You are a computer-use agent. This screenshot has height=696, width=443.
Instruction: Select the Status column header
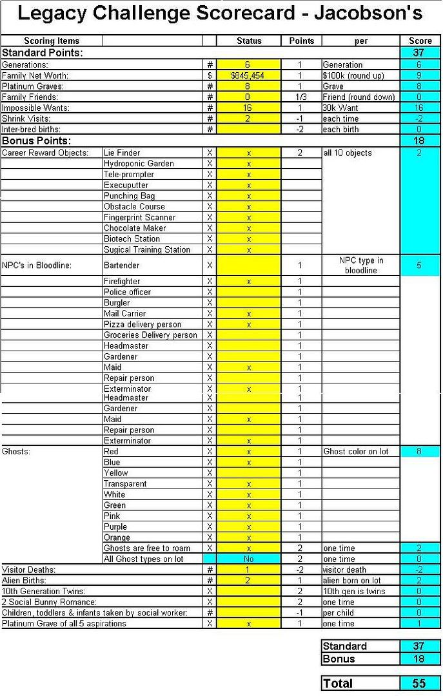coord(249,41)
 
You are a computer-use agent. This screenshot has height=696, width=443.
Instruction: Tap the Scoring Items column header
coord(52,41)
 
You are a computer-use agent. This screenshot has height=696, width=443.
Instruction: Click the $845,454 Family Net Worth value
coord(249,75)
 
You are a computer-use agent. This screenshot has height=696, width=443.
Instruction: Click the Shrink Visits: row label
coord(26,119)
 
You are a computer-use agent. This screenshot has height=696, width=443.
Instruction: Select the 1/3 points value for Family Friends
coord(300,97)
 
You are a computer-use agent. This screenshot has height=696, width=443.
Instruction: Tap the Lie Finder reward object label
coord(122,153)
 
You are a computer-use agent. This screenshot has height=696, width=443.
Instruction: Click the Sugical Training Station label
coord(147,250)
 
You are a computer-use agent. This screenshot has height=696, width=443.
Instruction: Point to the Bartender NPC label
coord(121,265)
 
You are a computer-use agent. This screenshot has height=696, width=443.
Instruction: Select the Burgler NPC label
coord(117,303)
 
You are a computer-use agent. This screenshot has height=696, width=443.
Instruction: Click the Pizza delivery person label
coord(143,324)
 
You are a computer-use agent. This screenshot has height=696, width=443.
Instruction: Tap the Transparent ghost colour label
coord(125,484)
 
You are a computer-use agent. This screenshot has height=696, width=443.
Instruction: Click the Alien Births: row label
coord(25,581)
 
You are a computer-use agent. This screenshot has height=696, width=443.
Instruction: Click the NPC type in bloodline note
coord(361,266)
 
